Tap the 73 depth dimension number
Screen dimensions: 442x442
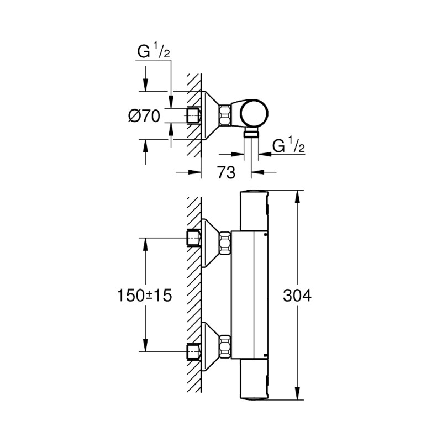(225, 172)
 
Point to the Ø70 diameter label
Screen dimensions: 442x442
(144, 116)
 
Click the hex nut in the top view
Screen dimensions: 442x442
(226, 116)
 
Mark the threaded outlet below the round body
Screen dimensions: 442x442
(251, 133)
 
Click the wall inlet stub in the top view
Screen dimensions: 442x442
(193, 116)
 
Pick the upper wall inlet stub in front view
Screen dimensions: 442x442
(193, 239)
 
